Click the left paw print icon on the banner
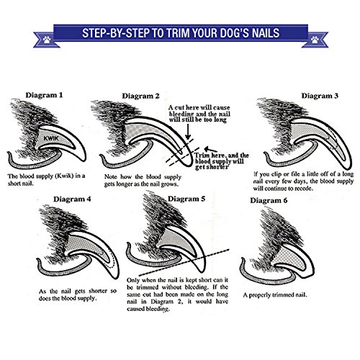(47, 40)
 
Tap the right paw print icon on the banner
(315, 40)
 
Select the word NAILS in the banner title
(266, 33)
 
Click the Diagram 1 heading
(44, 95)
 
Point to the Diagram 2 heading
(140, 96)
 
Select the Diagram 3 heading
(320, 96)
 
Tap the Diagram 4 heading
(72, 199)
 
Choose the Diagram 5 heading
(186, 199)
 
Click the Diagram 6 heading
(269, 200)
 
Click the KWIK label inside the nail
(51, 138)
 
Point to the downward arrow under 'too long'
(188, 132)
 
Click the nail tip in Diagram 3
(349, 168)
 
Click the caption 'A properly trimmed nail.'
(275, 295)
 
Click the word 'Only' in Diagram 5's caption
(133, 280)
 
